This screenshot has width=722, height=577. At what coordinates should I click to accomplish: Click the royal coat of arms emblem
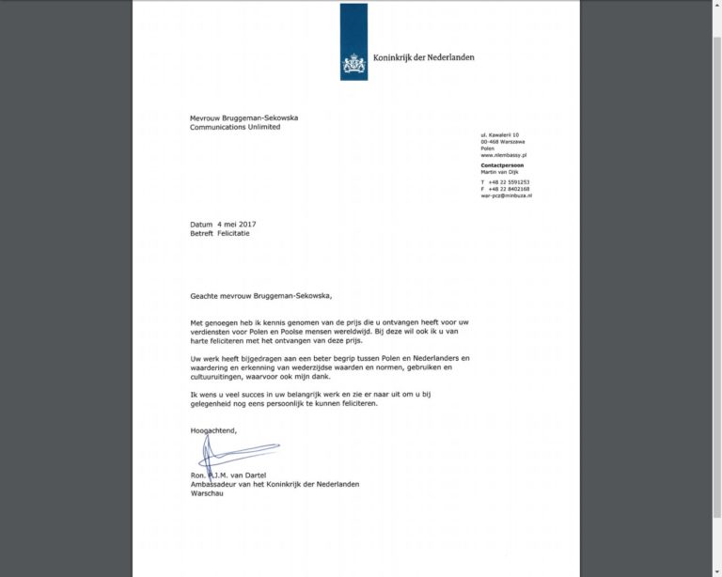pos(353,62)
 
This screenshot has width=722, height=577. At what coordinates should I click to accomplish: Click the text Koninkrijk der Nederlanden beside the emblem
pos(423,57)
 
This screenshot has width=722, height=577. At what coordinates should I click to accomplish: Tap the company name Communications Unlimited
pos(235,127)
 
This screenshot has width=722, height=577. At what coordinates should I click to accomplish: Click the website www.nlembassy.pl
pos(503,154)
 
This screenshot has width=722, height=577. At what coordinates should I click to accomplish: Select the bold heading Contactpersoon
pos(502,164)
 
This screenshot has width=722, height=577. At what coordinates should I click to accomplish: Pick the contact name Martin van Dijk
pos(499,171)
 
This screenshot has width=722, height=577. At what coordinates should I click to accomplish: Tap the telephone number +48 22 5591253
pos(509,181)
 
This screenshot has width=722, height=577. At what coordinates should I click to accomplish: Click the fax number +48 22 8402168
pos(509,189)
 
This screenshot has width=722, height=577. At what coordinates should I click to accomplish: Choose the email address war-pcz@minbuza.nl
pos(506,195)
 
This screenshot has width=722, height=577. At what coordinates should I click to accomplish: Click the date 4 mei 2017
pos(236,224)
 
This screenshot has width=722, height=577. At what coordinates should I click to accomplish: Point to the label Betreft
pos(202,233)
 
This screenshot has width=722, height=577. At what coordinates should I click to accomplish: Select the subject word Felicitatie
pos(234,233)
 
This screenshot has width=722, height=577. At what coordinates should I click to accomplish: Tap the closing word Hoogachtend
pos(213,430)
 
